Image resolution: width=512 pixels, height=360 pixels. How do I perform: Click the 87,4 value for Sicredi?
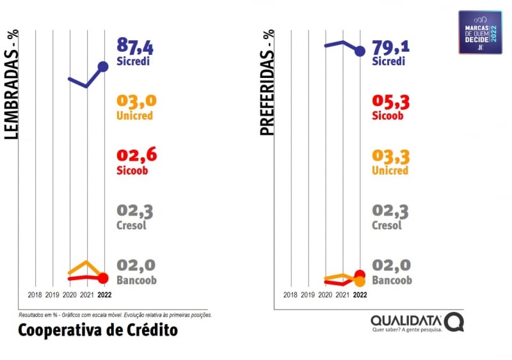pos(136,47)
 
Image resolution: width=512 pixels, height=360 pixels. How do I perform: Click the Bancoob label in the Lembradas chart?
pos(136,280)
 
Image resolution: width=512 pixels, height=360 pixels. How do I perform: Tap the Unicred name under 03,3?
pos(390,171)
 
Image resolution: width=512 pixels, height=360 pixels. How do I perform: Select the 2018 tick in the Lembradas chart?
pos(36,295)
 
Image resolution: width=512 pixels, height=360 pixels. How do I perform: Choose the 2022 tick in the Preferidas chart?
pos(360,295)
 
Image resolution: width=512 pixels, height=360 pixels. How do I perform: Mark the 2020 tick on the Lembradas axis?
pos(70,295)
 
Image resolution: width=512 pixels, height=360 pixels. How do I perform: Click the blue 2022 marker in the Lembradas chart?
pos(104,66)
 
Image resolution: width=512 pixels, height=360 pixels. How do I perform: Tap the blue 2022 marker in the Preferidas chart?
pos(360,51)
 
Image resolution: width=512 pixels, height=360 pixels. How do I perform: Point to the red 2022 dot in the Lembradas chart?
pos(103,278)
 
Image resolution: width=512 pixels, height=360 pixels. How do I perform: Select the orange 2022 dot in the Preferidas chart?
pos(360,281)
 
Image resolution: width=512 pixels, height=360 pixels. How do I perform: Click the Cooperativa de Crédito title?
pos(98,330)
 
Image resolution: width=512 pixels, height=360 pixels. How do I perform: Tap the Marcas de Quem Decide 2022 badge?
pos(481,32)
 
